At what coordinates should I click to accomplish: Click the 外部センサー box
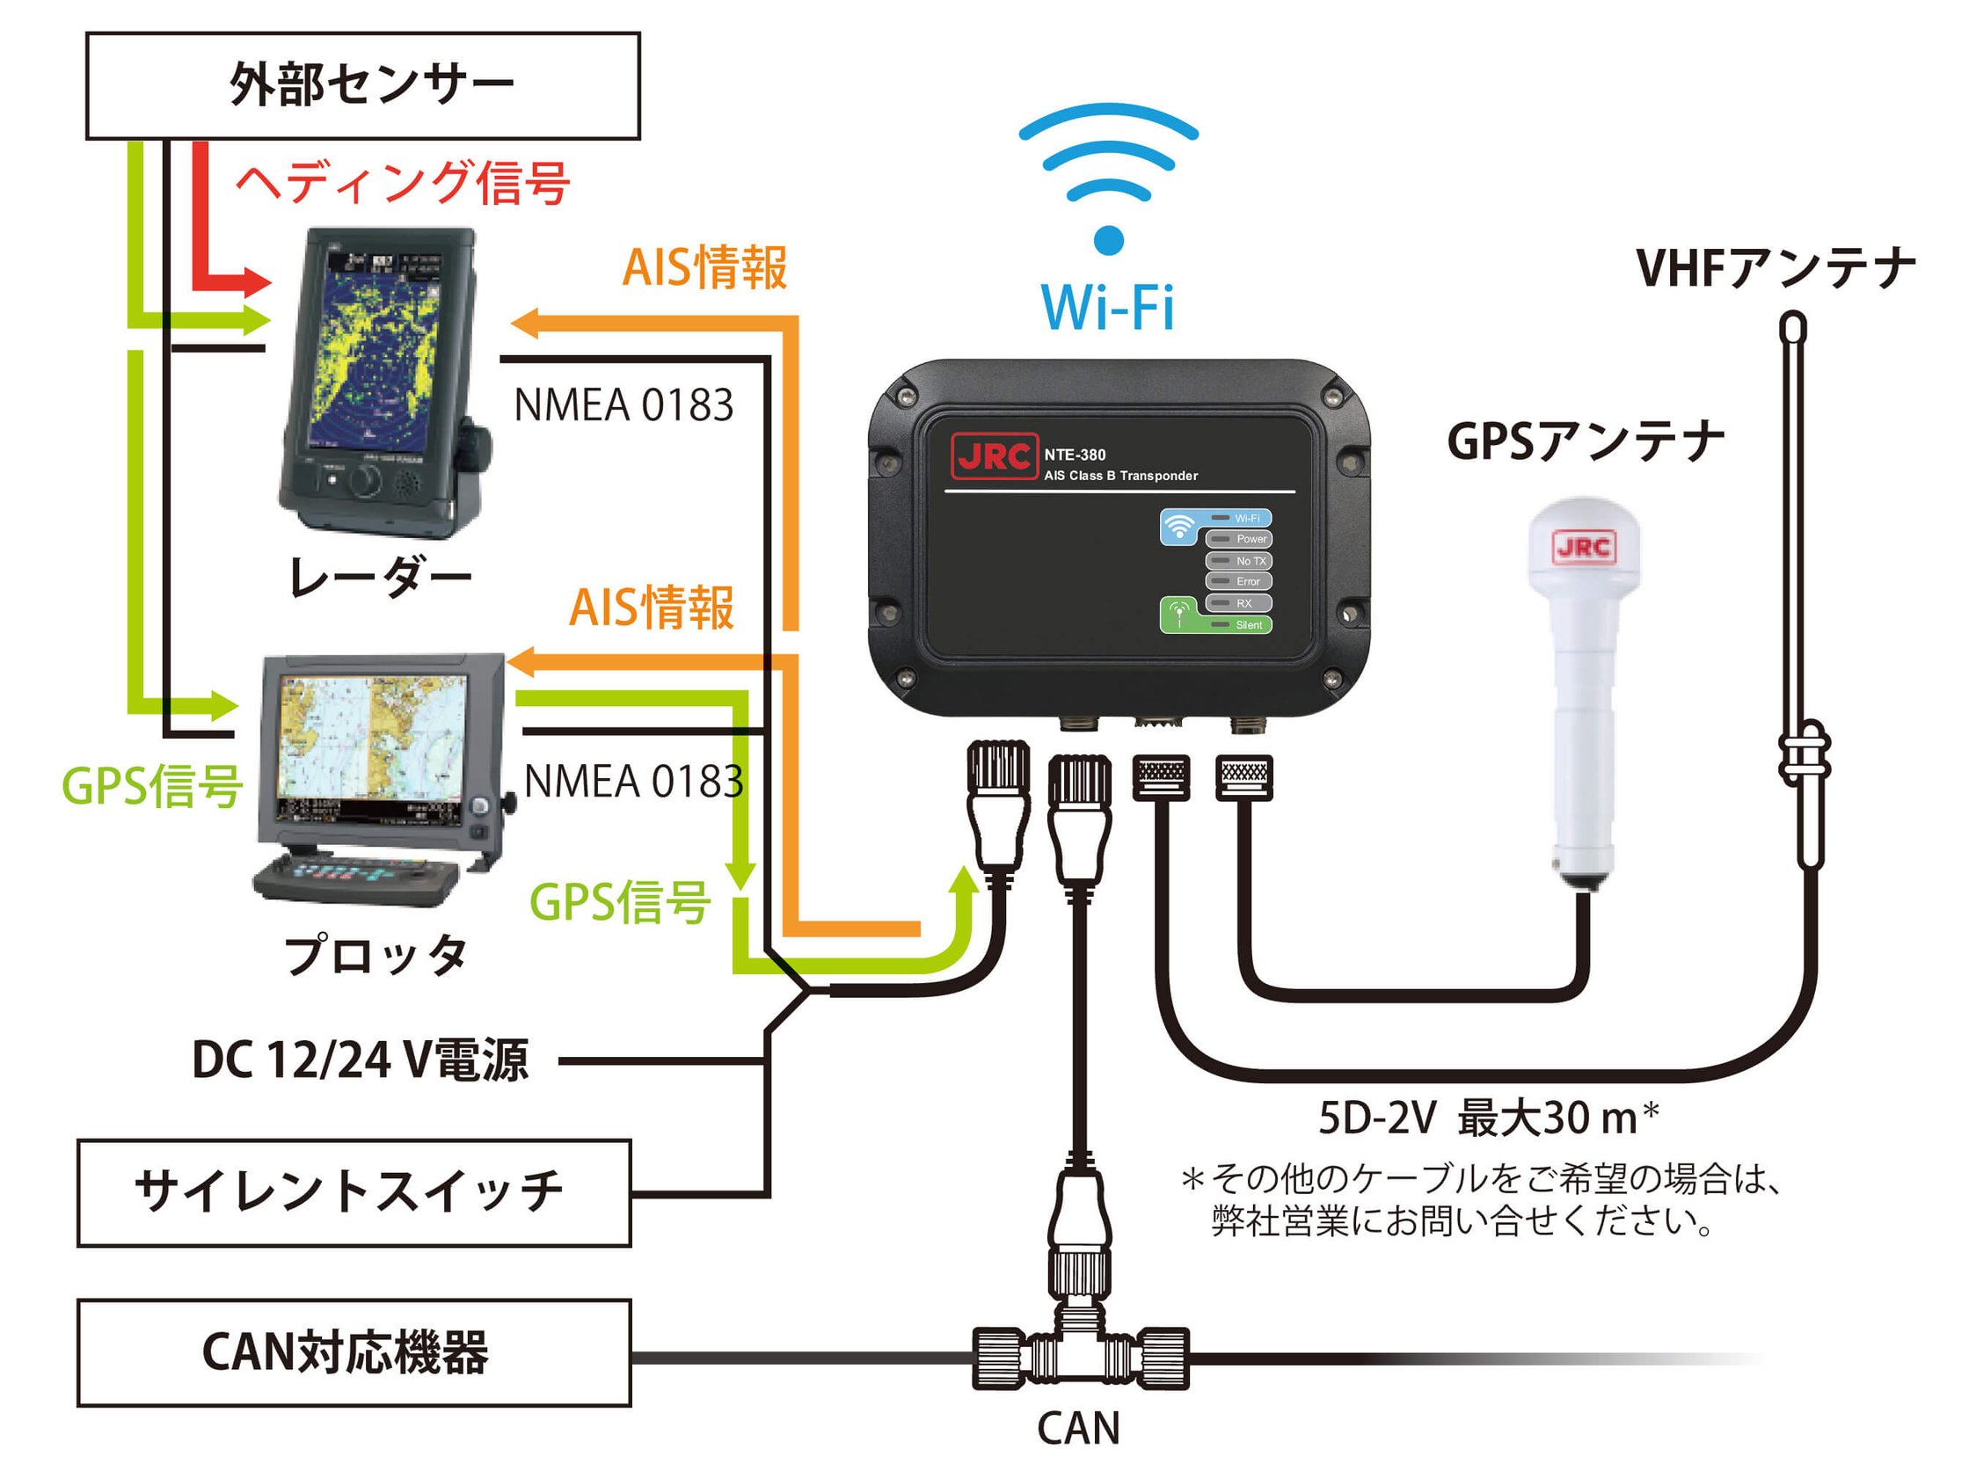[362, 86]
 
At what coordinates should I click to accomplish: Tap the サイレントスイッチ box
[354, 1193]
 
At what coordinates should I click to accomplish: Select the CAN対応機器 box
[354, 1353]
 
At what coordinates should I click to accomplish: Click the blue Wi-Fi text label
[1108, 308]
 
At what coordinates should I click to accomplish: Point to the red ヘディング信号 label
[403, 183]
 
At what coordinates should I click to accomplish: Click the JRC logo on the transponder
[994, 456]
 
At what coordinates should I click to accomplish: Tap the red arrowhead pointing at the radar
[257, 283]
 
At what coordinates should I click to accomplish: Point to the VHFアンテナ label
[1775, 267]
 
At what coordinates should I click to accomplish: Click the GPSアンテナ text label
[1586, 441]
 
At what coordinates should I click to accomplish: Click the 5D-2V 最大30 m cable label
[1488, 1118]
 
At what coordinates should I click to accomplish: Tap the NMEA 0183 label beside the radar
[623, 405]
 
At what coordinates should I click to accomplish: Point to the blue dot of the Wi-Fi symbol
[1109, 240]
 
